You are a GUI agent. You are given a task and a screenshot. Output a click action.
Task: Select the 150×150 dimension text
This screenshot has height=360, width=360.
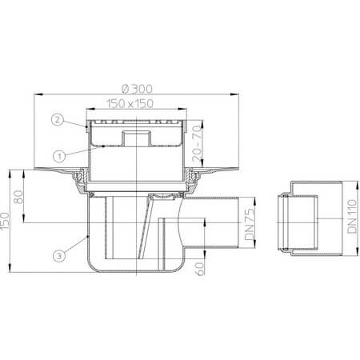(x=138, y=103)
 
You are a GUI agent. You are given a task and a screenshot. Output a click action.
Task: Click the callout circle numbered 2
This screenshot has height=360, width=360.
(x=58, y=121)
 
